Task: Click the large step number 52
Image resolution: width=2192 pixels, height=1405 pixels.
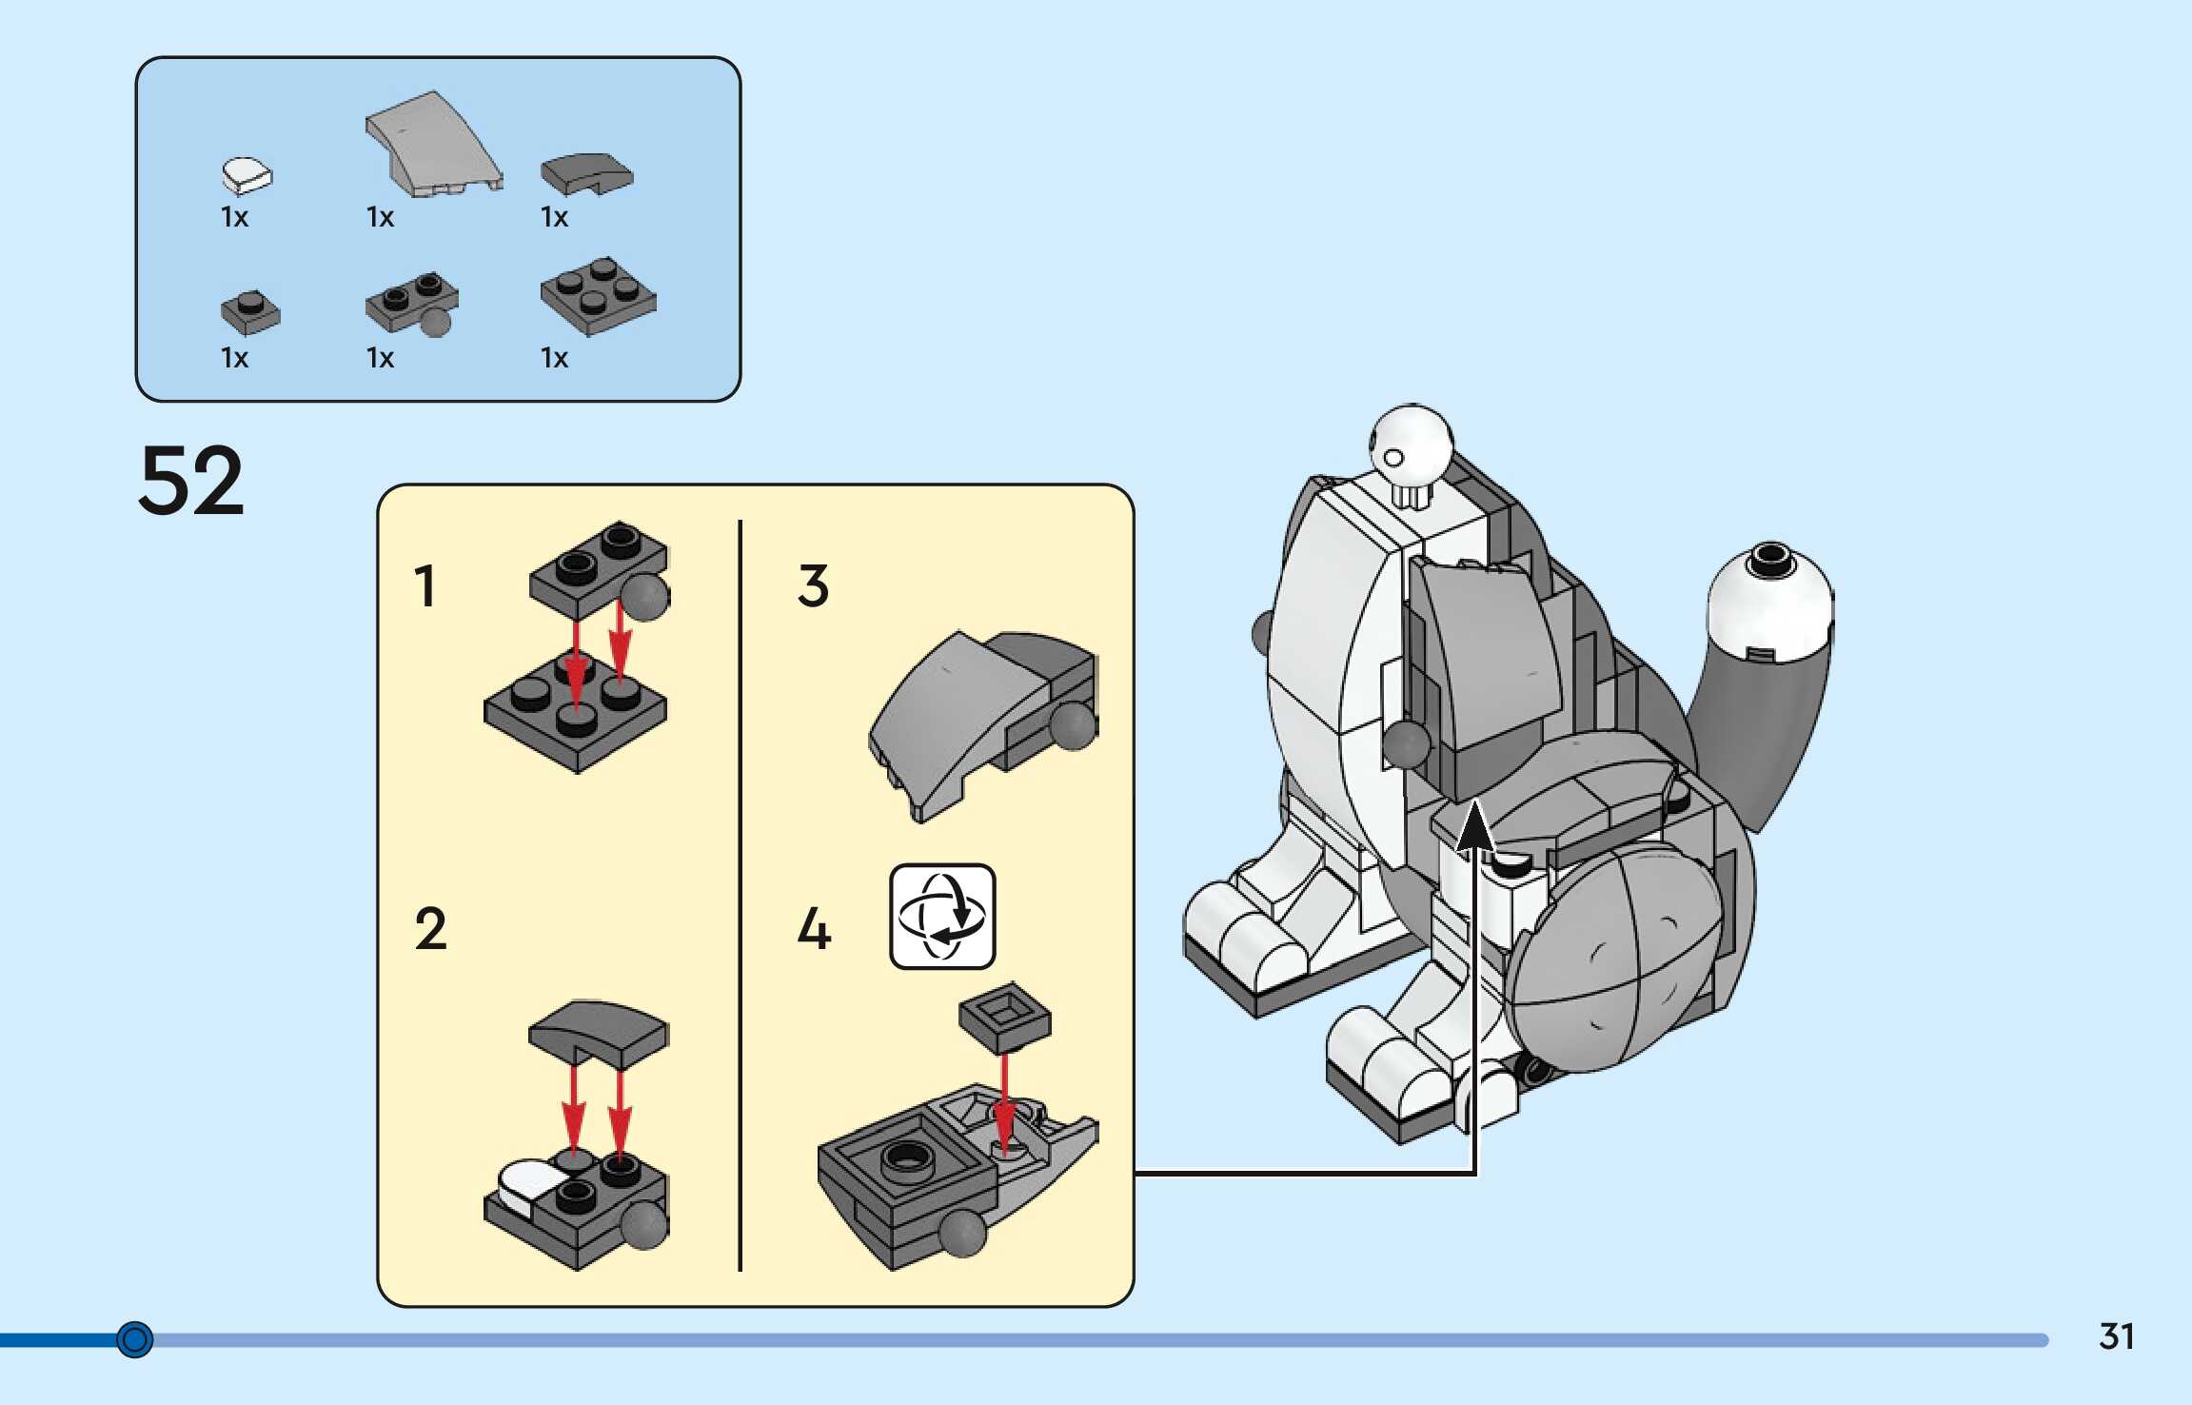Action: pyautogui.click(x=191, y=481)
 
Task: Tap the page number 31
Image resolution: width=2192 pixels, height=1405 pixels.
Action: pyautogui.click(x=2116, y=1336)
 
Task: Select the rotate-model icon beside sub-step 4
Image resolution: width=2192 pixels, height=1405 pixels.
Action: pyautogui.click(x=942, y=916)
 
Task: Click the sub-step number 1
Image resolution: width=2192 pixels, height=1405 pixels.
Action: pyautogui.click(x=425, y=585)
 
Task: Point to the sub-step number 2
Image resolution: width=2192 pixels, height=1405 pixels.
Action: pyautogui.click(x=430, y=929)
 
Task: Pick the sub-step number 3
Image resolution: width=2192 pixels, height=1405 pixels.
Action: pyautogui.click(x=813, y=585)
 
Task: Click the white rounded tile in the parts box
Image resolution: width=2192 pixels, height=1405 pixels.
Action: pyautogui.click(x=247, y=175)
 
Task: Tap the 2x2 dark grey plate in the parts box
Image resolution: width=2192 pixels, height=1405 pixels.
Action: pyautogui.click(x=598, y=295)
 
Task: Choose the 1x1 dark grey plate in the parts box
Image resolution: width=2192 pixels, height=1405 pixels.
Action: pyautogui.click(x=250, y=312)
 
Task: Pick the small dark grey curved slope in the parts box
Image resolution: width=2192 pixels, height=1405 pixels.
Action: pyautogui.click(x=585, y=173)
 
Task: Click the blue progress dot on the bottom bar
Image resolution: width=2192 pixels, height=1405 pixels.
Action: pyautogui.click(x=134, y=1339)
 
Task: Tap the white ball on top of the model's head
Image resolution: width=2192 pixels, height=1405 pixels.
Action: pyautogui.click(x=1411, y=443)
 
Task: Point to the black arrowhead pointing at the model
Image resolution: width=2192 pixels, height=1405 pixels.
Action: pyautogui.click(x=1474, y=825)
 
